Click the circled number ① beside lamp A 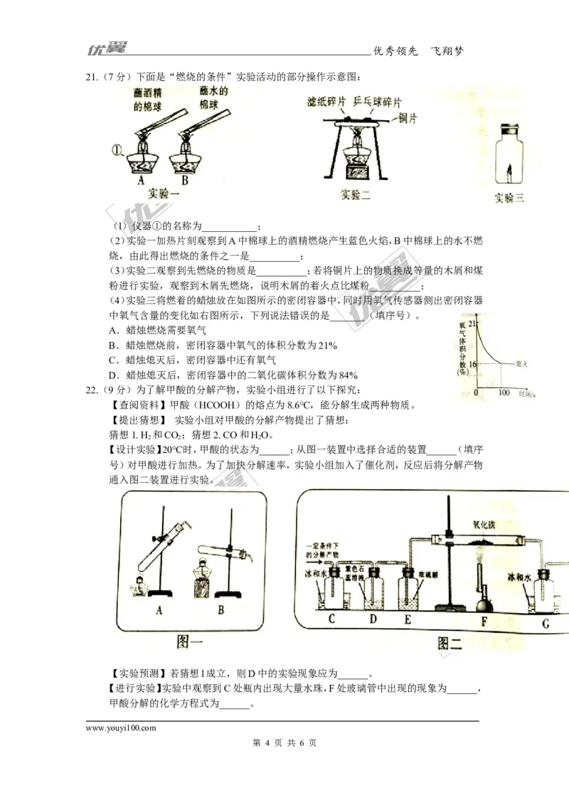pos(119,150)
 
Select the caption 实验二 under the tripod pos(355,194)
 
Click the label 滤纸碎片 pos(326,102)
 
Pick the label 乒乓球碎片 pos(380,102)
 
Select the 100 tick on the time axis pos(504,393)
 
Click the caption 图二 pos(451,644)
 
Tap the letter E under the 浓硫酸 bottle pos(408,619)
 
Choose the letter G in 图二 pos(546,624)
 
